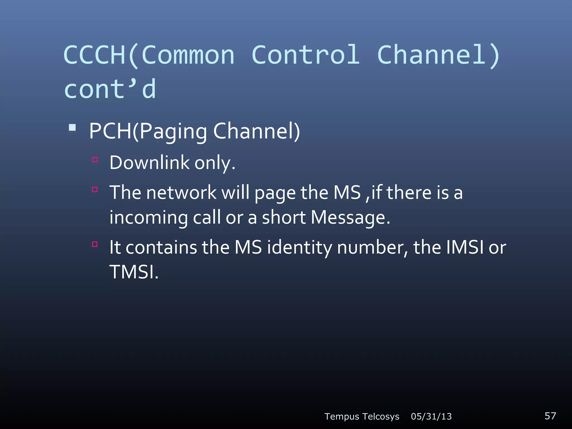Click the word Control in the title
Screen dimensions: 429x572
(x=306, y=55)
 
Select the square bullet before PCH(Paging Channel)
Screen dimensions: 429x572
(x=72, y=128)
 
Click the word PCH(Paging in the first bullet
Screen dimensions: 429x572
(x=148, y=131)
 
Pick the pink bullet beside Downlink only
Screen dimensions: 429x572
(x=95, y=160)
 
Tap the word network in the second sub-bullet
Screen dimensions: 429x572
(x=181, y=192)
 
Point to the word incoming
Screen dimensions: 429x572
(x=148, y=218)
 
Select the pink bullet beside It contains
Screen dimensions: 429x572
(x=95, y=244)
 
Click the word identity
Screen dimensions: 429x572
(x=299, y=247)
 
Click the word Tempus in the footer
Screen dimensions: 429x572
(x=342, y=416)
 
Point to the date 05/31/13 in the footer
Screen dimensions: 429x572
(x=431, y=416)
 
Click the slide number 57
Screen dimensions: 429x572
(x=550, y=416)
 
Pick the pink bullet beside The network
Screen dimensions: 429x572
(x=95, y=190)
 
